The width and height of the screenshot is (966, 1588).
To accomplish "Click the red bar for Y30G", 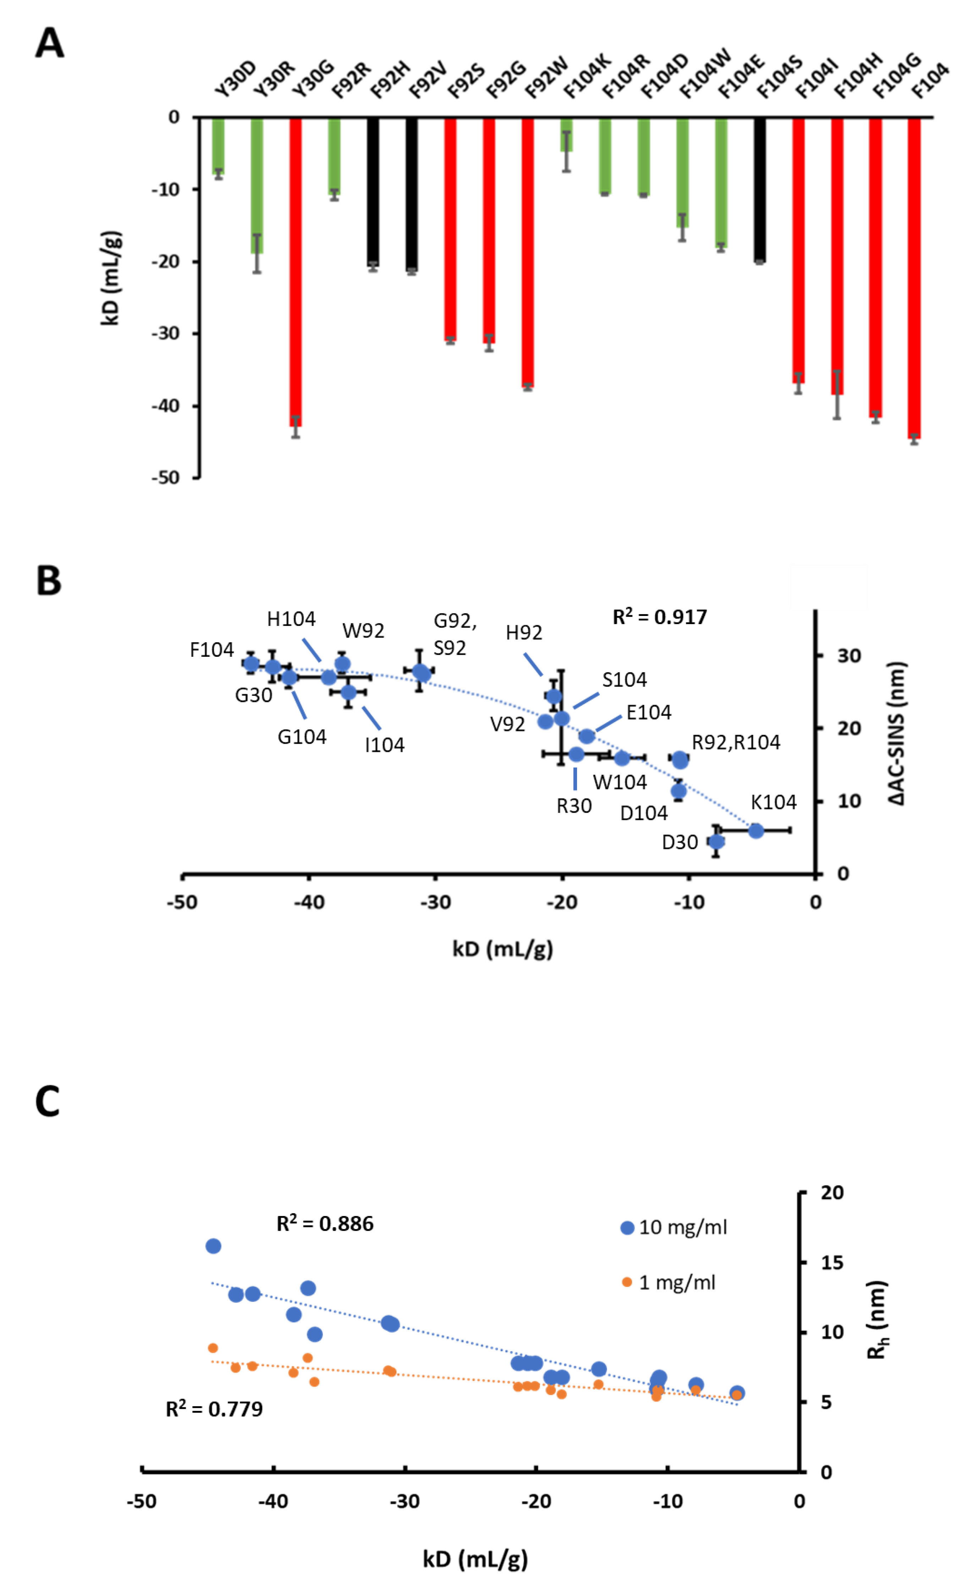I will click(295, 271).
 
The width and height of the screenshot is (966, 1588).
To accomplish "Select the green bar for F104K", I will click(566, 135).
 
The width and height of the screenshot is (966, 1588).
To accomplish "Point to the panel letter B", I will click(49, 581).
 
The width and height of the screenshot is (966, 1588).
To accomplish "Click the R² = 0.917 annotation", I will click(659, 617).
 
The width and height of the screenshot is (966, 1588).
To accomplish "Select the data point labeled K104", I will click(756, 831).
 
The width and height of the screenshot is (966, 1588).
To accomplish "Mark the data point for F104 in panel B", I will click(251, 664).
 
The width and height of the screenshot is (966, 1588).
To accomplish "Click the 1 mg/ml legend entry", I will click(668, 1283).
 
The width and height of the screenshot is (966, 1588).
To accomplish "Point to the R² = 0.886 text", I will click(325, 1224).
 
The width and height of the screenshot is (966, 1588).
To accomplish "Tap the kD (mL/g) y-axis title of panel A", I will click(111, 277).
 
